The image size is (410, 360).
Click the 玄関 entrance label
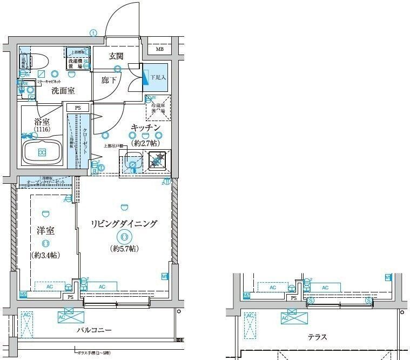(116, 56)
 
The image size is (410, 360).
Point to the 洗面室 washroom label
(63, 91)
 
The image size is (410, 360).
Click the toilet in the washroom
(36, 64)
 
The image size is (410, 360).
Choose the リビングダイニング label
(124, 223)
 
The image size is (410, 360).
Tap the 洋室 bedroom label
(45, 230)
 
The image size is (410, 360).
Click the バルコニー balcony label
(93, 330)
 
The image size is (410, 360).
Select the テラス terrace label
(317, 337)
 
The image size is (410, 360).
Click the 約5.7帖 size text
(125, 249)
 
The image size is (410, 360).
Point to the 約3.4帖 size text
(45, 255)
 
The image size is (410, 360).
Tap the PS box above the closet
(78, 108)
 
